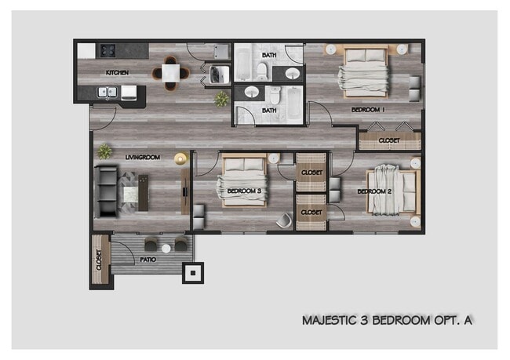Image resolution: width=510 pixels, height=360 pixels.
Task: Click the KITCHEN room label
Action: (118, 73)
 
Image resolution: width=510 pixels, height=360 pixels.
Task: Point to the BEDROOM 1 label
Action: (367, 110)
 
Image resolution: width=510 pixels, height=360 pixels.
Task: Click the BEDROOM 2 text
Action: (374, 191)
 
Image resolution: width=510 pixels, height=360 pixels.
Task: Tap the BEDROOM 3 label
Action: (244, 191)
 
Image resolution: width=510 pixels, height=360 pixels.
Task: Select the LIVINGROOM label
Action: (142, 158)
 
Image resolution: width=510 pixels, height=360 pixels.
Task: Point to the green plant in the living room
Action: (104, 151)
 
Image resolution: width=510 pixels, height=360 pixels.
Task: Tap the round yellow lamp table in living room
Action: (181, 159)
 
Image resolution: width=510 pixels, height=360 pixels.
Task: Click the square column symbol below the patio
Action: (191, 273)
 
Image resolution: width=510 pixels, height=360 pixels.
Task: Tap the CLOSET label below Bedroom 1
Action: (389, 140)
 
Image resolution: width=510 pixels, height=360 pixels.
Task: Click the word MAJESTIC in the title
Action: (329, 320)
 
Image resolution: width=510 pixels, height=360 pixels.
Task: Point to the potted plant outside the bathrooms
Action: (222, 98)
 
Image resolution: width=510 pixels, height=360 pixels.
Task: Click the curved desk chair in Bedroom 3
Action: (284, 220)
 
